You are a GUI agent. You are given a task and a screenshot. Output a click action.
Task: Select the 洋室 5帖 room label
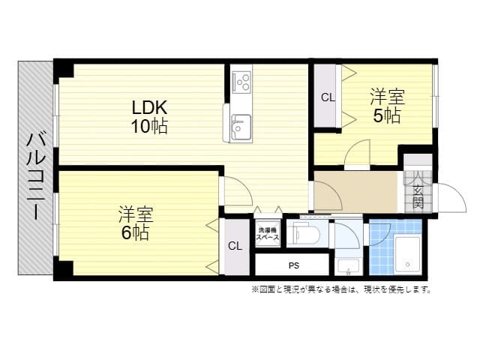[388, 106]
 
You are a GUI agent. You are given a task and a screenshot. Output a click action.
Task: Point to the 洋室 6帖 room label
[136, 223]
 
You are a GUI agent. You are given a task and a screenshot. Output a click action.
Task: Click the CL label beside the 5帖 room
[328, 97]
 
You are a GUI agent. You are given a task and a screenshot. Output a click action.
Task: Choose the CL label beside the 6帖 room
[235, 246]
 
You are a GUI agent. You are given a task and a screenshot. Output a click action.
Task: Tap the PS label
[293, 265]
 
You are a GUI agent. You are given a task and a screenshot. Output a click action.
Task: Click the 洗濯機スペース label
[268, 233]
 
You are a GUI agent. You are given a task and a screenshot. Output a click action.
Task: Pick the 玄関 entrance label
[418, 192]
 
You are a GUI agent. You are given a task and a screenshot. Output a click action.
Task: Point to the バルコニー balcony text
[35, 176]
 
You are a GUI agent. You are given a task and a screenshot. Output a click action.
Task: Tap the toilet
[308, 235]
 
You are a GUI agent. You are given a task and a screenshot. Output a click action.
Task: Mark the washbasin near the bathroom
[347, 265]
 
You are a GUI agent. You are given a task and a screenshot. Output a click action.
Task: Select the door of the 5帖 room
[356, 154]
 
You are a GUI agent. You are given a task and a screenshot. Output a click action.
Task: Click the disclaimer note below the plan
[340, 289]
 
